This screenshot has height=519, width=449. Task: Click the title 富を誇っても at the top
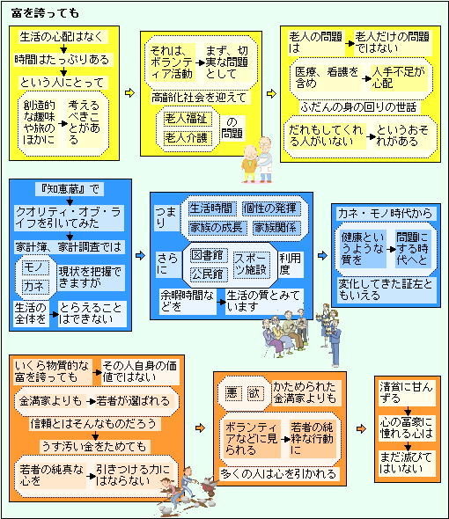[45, 13]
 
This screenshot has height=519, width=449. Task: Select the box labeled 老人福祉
[188, 119]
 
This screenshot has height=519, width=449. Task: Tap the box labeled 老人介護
[188, 137]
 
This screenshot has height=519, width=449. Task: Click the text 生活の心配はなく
[62, 36]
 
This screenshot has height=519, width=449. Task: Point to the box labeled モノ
[36, 267]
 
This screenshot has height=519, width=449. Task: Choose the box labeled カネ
[36, 286]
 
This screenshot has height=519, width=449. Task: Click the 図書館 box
[209, 255]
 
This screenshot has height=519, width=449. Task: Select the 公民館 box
[209, 274]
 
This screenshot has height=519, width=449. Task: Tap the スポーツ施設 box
[251, 264]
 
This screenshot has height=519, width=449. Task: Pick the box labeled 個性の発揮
[271, 208]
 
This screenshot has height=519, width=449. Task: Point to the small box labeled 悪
[232, 393]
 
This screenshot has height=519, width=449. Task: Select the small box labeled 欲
[254, 393]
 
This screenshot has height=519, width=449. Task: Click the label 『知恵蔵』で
[70, 189]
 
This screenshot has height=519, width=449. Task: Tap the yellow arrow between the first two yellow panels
[129, 93]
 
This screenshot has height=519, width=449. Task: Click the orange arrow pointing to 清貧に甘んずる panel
[361, 429]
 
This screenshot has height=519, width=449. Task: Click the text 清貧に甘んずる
[407, 392]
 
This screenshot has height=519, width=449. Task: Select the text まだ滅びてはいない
[407, 463]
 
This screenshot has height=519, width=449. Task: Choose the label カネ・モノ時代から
[386, 214]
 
